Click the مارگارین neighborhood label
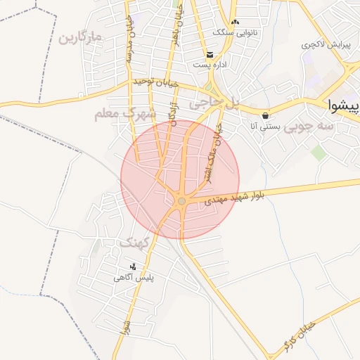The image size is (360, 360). [81, 35]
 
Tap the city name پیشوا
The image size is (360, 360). [345, 105]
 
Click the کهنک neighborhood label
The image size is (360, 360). [134, 243]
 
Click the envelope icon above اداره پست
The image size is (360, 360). [210, 55]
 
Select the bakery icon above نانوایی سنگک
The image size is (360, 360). [235, 22]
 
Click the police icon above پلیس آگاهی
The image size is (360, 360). [134, 266]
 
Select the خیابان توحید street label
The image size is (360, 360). [156, 83]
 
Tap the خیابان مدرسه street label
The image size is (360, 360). [129, 42]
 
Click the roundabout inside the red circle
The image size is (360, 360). [181, 202]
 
